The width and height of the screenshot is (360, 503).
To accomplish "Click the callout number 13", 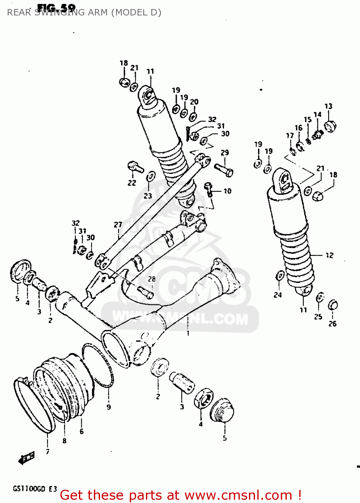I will pyautogui.click(x=328, y=106).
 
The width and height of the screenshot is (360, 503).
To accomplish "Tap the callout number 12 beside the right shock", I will pyautogui.click(x=329, y=256).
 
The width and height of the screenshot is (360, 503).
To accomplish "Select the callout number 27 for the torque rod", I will pyautogui.click(x=118, y=225).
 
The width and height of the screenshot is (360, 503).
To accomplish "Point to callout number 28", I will pyautogui.click(x=152, y=279).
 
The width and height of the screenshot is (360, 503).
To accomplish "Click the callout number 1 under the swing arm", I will pyautogui.click(x=188, y=333).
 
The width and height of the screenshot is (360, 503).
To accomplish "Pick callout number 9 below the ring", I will pyautogui.click(x=108, y=407).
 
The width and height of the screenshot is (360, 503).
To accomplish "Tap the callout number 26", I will pyautogui.click(x=332, y=324).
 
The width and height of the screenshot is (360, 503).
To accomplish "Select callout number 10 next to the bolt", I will pyautogui.click(x=227, y=191).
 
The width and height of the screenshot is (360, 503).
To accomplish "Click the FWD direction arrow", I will pyautogui.click(x=27, y=457).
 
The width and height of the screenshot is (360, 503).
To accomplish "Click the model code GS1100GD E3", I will pyautogui.click(x=35, y=489).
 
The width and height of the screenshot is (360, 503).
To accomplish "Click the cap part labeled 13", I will pyautogui.click(x=330, y=126).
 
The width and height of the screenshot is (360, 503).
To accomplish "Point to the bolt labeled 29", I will pyautogui.click(x=223, y=169).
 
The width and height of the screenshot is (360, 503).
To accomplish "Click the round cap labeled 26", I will pyautogui.click(x=332, y=305).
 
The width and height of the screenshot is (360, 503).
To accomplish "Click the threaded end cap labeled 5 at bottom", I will pyautogui.click(x=222, y=410).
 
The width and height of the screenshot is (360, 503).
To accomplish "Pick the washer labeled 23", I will pyautogui.click(x=151, y=176).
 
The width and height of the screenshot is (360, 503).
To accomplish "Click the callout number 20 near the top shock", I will pyautogui.click(x=194, y=102).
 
